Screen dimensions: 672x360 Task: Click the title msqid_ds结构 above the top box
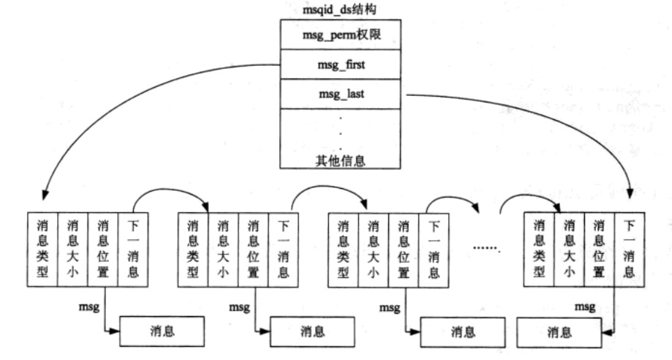[x=339, y=9]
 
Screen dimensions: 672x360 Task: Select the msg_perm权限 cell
[x=340, y=34]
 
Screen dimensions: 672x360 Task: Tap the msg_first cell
[x=340, y=64]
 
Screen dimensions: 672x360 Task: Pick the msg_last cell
[x=340, y=94]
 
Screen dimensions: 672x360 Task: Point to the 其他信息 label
[x=340, y=161]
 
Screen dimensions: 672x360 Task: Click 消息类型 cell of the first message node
[x=42, y=250]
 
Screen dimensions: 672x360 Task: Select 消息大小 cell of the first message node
[x=73, y=250]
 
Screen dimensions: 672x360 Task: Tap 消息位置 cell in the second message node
[x=253, y=250]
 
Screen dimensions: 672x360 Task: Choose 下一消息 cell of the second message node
[x=283, y=250]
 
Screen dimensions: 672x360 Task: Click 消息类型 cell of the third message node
[x=343, y=250]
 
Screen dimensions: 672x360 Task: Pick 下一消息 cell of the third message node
[x=434, y=250]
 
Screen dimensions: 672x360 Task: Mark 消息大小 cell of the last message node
[x=569, y=250]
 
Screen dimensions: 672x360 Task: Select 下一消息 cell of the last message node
[x=630, y=250]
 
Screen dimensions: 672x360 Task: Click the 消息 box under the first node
[x=162, y=331]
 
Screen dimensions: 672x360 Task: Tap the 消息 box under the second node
[x=312, y=331]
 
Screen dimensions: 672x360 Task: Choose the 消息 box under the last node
[x=559, y=332]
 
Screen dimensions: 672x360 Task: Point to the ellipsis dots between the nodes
[x=486, y=249]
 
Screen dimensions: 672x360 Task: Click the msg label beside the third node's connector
[x=390, y=307]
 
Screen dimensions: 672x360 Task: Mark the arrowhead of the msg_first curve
[x=44, y=195]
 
